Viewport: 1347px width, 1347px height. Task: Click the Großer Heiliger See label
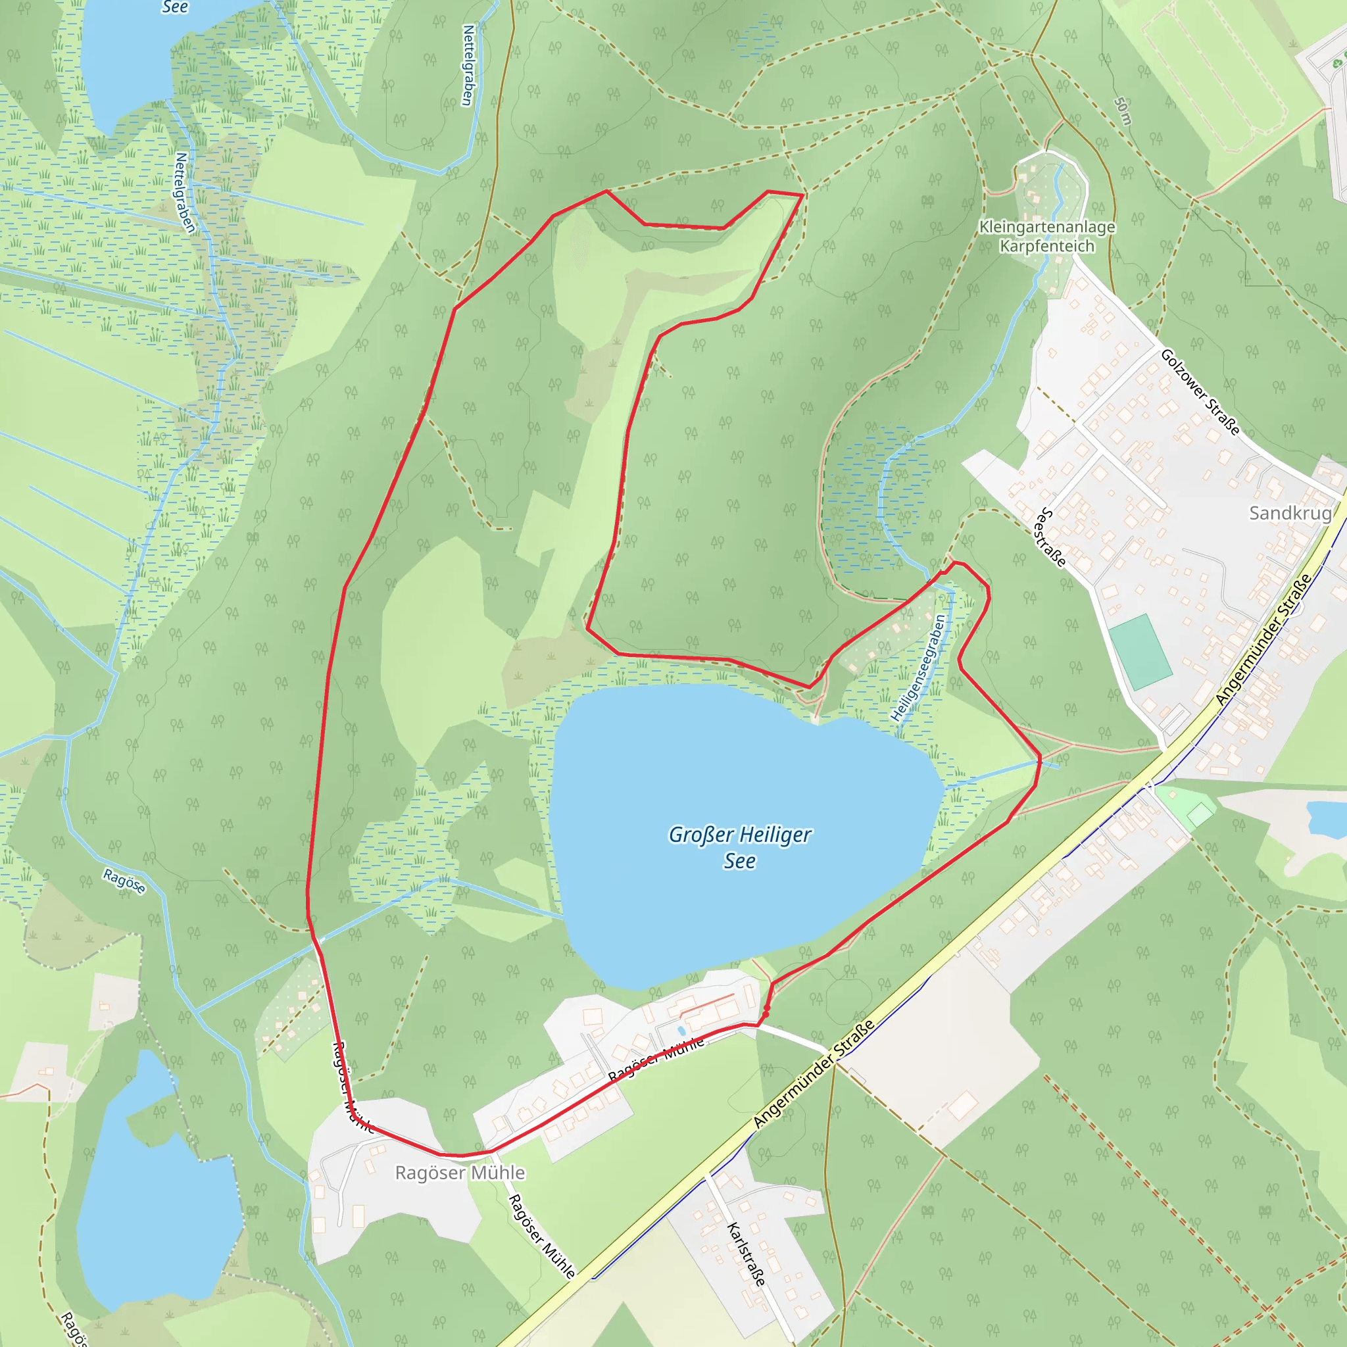pyautogui.click(x=740, y=847)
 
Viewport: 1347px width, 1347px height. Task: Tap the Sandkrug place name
pyautogui.click(x=1290, y=513)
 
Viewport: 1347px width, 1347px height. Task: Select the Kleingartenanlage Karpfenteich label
pyautogui.click(x=1047, y=236)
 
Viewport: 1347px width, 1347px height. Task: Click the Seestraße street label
pyautogui.click(x=1052, y=537)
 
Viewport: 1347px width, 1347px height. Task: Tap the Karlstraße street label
pyautogui.click(x=747, y=1254)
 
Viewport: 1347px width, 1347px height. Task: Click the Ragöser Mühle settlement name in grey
pyautogui.click(x=460, y=1173)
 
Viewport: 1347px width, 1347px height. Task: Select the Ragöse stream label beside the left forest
pyautogui.click(x=124, y=881)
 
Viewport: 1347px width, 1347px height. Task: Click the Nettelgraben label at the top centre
pyautogui.click(x=468, y=65)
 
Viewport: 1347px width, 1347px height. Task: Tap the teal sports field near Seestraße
pyautogui.click(x=1139, y=651)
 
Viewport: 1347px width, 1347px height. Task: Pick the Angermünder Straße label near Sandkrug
pyautogui.click(x=1263, y=639)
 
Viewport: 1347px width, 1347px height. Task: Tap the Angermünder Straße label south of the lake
pyautogui.click(x=814, y=1075)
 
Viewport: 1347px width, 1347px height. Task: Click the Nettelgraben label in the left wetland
pyautogui.click(x=185, y=193)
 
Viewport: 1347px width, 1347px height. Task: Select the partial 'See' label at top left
pyautogui.click(x=174, y=7)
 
